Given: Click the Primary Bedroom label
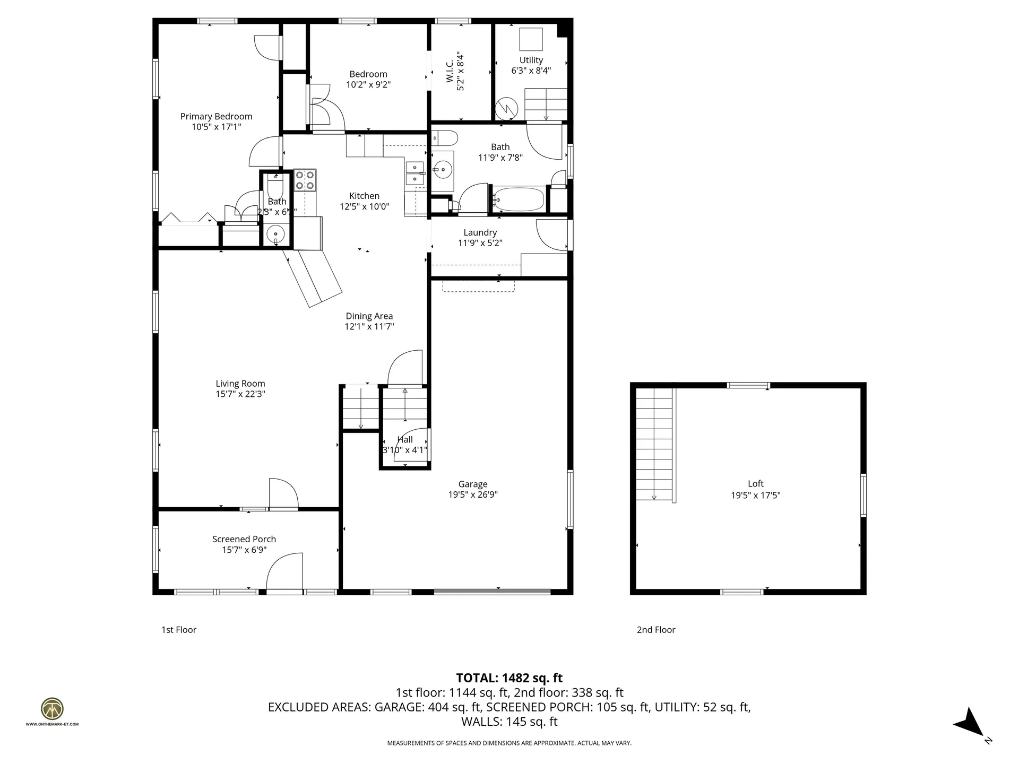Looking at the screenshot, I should [216, 117].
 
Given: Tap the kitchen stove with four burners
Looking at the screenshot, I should [305, 180].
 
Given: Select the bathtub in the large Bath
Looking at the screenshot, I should [519, 199].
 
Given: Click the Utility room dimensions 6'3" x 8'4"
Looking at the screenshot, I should [531, 71].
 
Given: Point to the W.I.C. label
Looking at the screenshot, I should [450, 71].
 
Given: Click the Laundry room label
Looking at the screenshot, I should [480, 232].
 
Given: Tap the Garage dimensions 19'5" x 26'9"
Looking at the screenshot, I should [472, 494].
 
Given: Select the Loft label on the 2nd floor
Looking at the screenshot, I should [755, 483].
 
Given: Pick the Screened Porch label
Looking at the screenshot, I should [244, 539].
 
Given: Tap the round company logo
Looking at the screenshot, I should [52, 709].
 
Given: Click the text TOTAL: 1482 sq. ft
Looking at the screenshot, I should [509, 678].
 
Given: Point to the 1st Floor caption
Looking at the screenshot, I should [179, 630].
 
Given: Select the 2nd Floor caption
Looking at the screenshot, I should [656, 630].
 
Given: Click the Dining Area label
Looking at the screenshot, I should [369, 316].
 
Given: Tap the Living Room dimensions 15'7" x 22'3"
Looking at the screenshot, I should [240, 394].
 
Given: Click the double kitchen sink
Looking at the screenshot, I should [414, 173].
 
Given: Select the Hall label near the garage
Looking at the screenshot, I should [405, 439].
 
